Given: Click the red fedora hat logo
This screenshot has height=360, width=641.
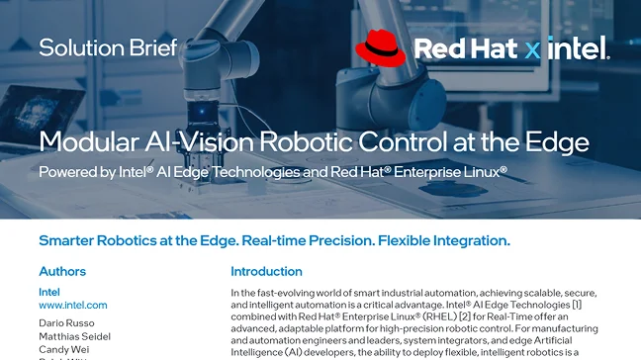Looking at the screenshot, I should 381,48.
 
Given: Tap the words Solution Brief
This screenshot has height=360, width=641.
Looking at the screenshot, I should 108,46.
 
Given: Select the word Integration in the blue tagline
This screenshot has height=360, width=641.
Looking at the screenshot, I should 460,240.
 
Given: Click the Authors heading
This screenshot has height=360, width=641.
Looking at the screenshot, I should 62,272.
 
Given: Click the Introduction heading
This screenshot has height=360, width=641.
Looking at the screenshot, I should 266,272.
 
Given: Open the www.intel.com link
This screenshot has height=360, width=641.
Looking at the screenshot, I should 73,306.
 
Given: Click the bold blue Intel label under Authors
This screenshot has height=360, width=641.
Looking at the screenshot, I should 49,293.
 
